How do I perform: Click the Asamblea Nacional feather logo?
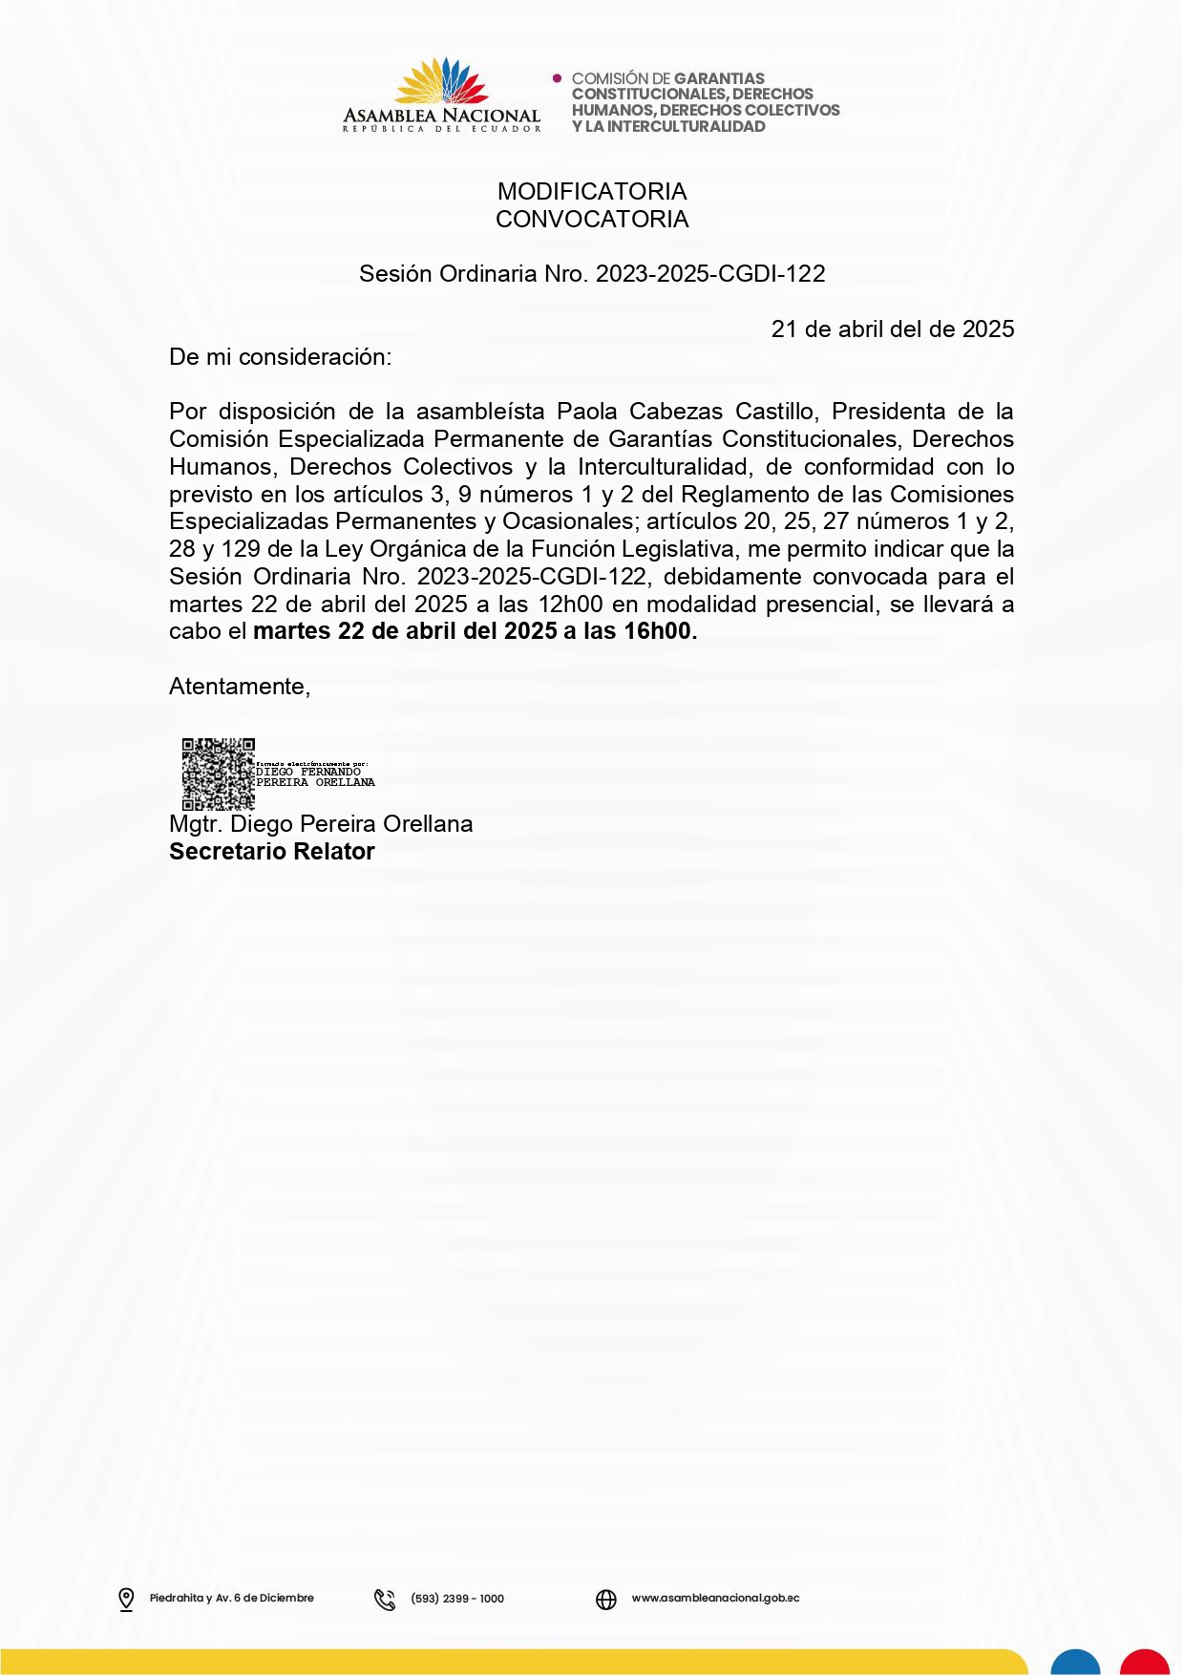441,81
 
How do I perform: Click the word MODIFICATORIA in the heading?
592,192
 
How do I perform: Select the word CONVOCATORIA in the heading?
592,220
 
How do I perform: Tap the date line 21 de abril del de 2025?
892,329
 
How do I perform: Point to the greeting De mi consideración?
280,357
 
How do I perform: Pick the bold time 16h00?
660,631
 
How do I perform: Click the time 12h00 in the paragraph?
570,605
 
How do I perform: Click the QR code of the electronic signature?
219,774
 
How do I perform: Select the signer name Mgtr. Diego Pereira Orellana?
321,824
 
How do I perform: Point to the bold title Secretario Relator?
272,852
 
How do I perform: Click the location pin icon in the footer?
126,1599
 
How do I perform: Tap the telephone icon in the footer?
385,1599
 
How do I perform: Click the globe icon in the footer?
606,1599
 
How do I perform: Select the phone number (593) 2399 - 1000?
457,1599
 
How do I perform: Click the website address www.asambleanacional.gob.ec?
715,1598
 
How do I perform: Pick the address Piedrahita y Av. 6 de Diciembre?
232,1598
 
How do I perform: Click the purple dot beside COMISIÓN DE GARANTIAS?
558,78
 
